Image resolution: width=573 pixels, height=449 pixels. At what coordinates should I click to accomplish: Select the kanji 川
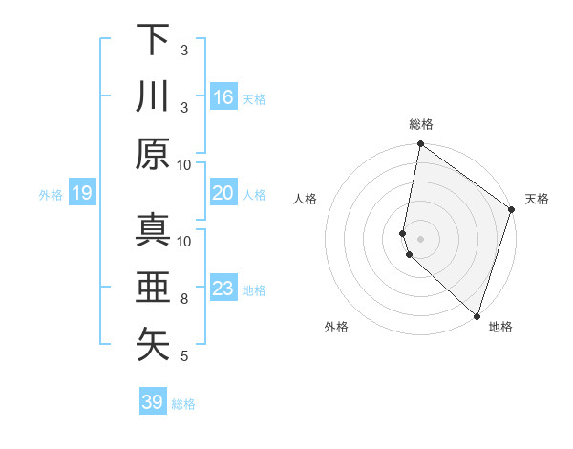[x=153, y=96]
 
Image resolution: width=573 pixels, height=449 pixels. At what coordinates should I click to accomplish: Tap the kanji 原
[x=153, y=154]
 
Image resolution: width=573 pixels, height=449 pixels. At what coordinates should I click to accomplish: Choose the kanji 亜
[x=153, y=288]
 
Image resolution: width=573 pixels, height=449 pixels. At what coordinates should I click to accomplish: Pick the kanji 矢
[x=153, y=345]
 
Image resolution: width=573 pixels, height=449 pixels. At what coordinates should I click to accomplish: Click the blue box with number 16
[x=223, y=97]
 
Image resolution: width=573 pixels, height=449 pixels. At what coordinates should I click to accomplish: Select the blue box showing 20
[x=223, y=193]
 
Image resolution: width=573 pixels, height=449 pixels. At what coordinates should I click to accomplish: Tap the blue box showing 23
[x=223, y=289]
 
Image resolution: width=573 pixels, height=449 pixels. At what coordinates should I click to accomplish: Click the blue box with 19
[x=82, y=194]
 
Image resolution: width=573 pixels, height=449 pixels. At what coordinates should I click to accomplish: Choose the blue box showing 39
[x=153, y=402]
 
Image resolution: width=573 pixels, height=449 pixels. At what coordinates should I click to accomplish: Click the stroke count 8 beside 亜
[x=185, y=299]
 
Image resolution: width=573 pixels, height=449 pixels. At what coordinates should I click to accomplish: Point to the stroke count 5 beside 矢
[x=185, y=356]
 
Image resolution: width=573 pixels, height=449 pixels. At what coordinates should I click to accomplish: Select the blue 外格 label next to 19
[x=51, y=195]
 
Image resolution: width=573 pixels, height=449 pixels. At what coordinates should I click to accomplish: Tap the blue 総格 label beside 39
[x=184, y=404]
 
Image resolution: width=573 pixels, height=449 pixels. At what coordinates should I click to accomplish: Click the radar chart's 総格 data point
[x=420, y=145]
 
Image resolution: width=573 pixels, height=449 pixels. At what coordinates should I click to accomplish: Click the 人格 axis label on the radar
[x=306, y=199]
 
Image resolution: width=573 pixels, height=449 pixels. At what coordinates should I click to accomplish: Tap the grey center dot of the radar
[x=420, y=237]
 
